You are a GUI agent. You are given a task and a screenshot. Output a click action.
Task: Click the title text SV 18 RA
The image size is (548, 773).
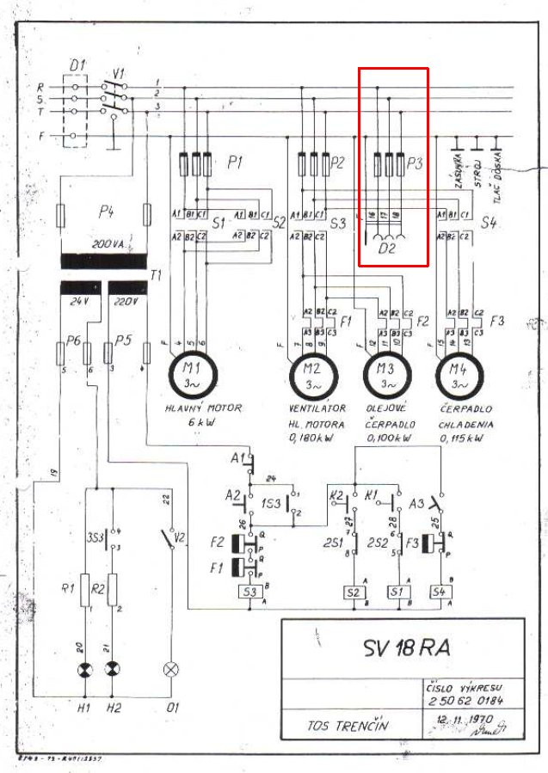[403, 647]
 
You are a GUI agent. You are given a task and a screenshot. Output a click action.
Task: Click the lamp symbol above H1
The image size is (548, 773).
[85, 669]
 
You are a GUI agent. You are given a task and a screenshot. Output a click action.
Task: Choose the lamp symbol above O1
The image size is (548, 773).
[170, 669]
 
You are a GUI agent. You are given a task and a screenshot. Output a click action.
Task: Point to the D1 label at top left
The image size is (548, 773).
[77, 65]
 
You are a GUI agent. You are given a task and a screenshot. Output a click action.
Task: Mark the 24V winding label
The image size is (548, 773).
[79, 303]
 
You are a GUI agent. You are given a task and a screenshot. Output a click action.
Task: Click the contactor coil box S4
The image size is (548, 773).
[441, 592]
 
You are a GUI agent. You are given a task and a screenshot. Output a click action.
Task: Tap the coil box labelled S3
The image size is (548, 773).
[251, 592]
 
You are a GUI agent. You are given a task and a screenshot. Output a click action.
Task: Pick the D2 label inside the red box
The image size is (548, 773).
[389, 249]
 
